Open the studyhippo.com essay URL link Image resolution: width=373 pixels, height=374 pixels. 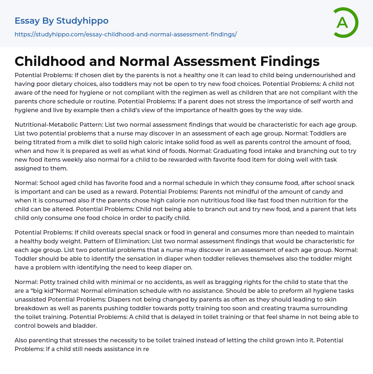click(126, 34)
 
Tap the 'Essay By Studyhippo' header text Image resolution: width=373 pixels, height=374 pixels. click(62, 21)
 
